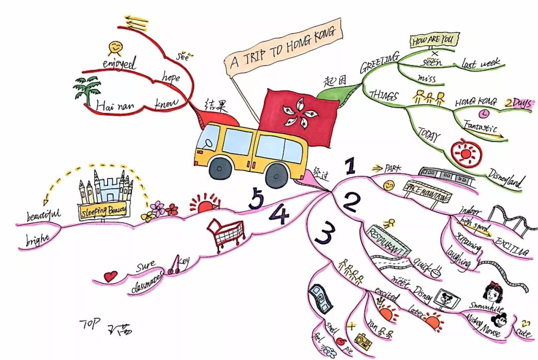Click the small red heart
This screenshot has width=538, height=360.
pyautogui.click(x=111, y=275)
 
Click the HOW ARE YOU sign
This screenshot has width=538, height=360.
pyautogui.click(x=434, y=40)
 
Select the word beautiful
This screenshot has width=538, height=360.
pyautogui.click(x=43, y=216)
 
